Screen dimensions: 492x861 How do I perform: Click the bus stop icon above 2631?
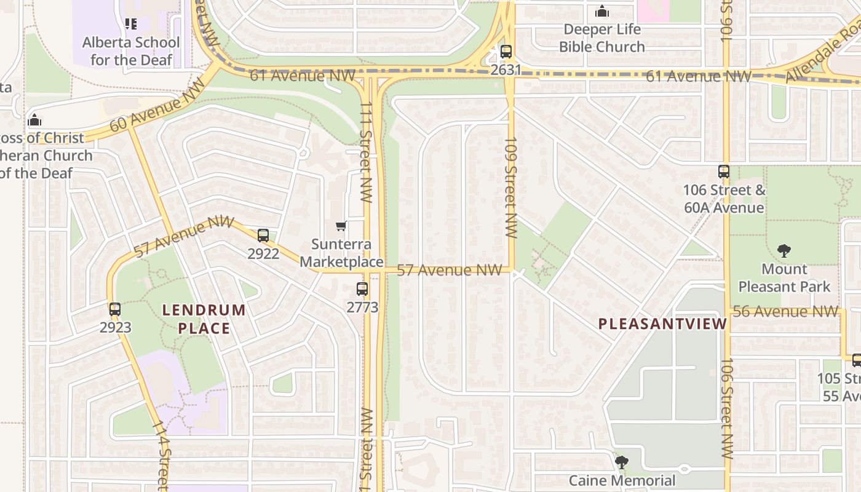(x=506, y=52)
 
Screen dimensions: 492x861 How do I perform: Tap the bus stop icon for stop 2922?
(x=263, y=235)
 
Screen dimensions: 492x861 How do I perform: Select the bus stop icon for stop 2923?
(x=115, y=309)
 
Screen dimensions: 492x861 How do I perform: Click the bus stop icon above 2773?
(x=362, y=288)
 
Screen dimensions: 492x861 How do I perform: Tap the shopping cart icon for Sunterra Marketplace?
(x=341, y=226)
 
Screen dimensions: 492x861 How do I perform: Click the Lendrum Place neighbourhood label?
(x=204, y=319)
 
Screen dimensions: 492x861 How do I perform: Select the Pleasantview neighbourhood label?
(x=662, y=324)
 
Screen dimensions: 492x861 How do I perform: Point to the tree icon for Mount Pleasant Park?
(x=784, y=251)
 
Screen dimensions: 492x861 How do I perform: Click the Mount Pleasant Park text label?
(x=784, y=278)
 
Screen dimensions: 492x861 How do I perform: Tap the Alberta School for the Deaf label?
(x=131, y=51)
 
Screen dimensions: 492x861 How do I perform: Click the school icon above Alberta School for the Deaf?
(x=131, y=24)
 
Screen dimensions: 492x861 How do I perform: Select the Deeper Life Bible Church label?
(x=601, y=38)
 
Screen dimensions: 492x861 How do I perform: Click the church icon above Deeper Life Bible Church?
(x=601, y=11)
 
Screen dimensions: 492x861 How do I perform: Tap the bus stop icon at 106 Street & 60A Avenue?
(x=724, y=172)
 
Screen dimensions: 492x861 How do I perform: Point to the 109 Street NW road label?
(x=511, y=188)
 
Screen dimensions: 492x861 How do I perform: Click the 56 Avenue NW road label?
(x=785, y=311)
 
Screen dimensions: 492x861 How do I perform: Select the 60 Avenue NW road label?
(x=157, y=106)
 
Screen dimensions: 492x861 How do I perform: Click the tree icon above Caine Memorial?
(x=622, y=462)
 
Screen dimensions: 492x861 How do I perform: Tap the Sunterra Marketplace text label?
(x=341, y=253)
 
